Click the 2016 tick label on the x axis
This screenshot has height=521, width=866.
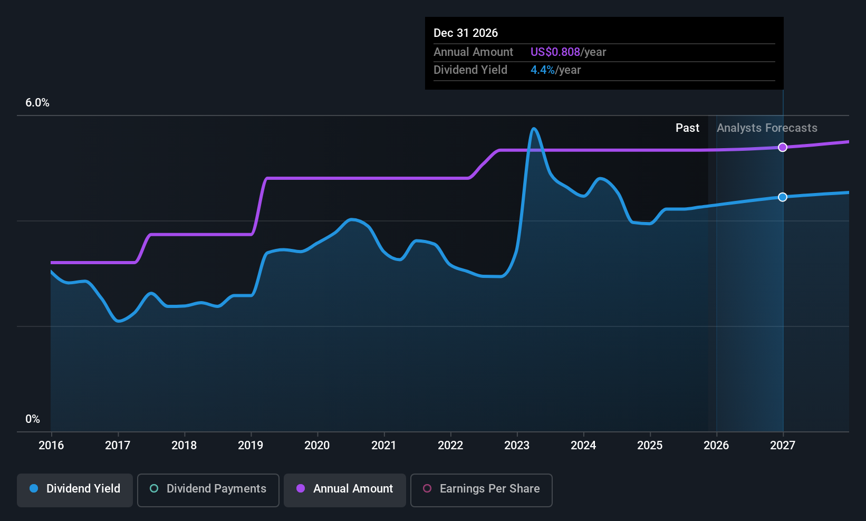tap(51, 446)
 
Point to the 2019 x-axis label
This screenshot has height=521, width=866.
tap(251, 446)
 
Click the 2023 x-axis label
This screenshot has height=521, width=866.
tap(517, 446)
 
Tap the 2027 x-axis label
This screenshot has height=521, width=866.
tap(783, 446)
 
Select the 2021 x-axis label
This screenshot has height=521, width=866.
tap(383, 446)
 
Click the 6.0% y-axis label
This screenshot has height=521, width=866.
tap(37, 103)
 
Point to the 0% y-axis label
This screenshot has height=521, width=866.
tap(33, 419)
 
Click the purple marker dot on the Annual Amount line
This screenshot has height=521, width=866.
tap(783, 147)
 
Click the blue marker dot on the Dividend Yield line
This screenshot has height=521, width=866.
tap(783, 197)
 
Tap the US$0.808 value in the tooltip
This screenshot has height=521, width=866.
tap(555, 52)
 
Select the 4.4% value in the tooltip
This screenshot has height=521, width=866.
tap(542, 70)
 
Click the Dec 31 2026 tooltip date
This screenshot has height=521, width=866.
tap(466, 33)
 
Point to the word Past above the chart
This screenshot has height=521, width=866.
tap(687, 128)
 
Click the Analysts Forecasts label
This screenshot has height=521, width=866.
tap(767, 128)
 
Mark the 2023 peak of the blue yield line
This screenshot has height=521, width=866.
tap(534, 128)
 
